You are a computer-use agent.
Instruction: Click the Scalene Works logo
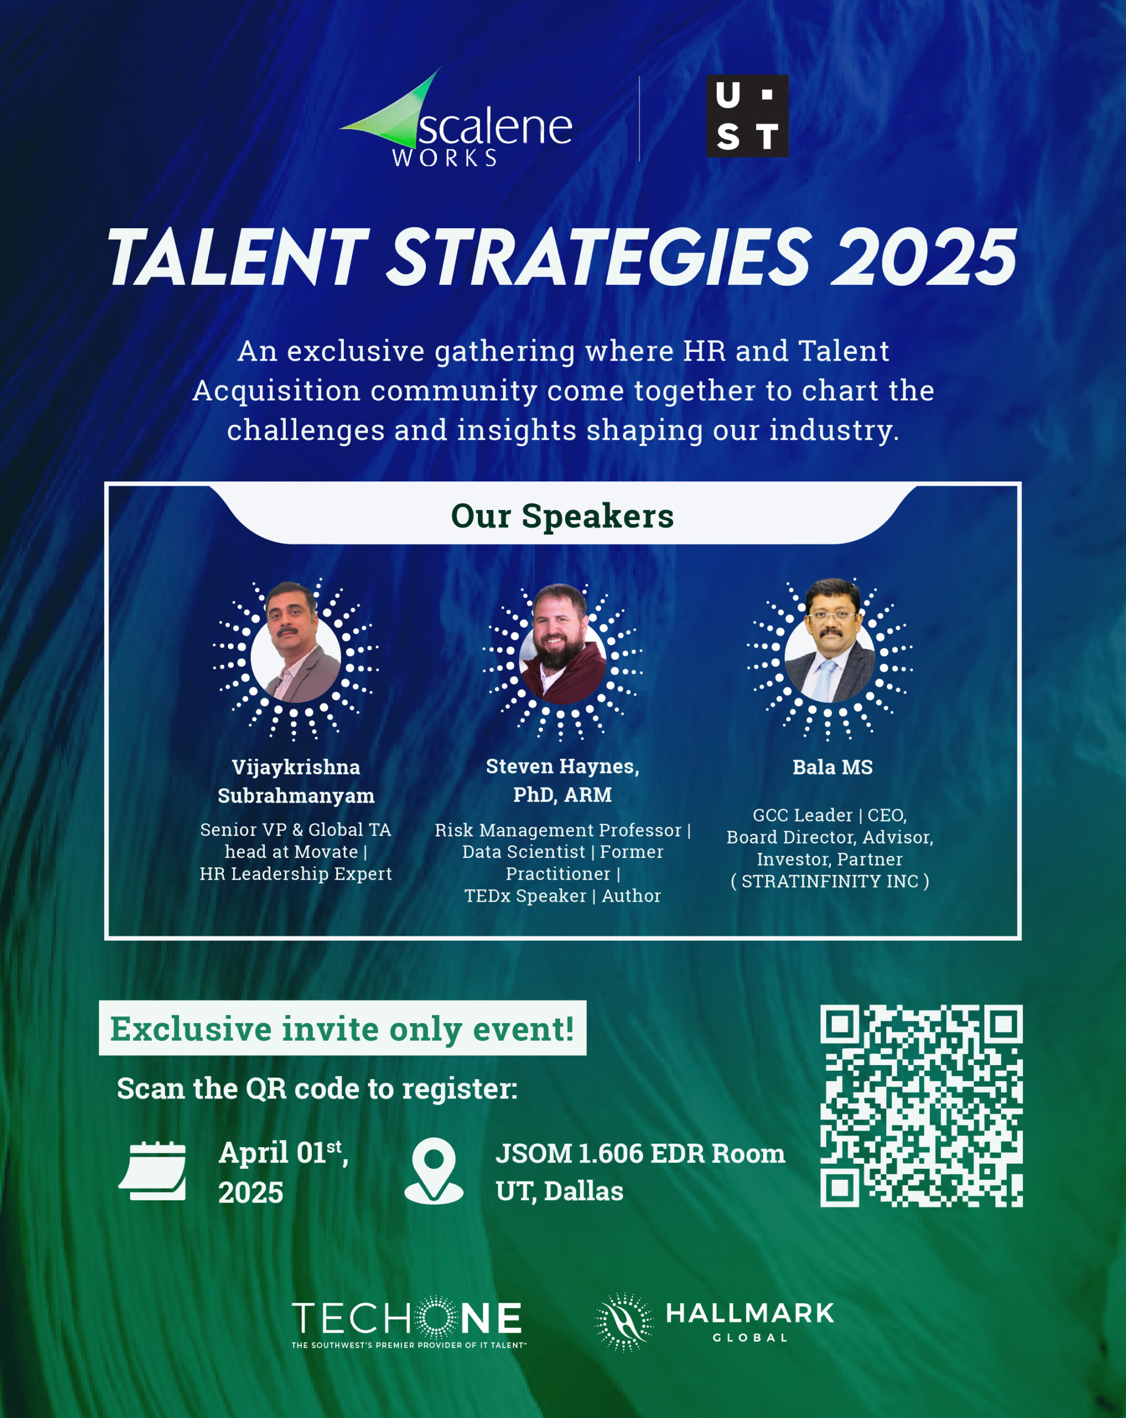(x=455, y=119)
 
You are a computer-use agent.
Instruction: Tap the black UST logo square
(x=747, y=116)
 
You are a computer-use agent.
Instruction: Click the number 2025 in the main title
(x=923, y=257)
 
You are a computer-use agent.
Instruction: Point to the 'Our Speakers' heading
(x=562, y=516)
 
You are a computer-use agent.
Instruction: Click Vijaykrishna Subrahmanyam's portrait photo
(x=295, y=642)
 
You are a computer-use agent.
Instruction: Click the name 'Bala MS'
(x=832, y=767)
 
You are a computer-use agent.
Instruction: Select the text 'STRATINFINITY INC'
(x=830, y=881)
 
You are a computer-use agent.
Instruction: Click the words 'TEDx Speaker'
(x=526, y=895)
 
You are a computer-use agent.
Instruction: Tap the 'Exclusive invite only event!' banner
(x=342, y=1028)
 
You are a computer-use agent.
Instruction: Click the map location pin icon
(x=434, y=1171)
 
